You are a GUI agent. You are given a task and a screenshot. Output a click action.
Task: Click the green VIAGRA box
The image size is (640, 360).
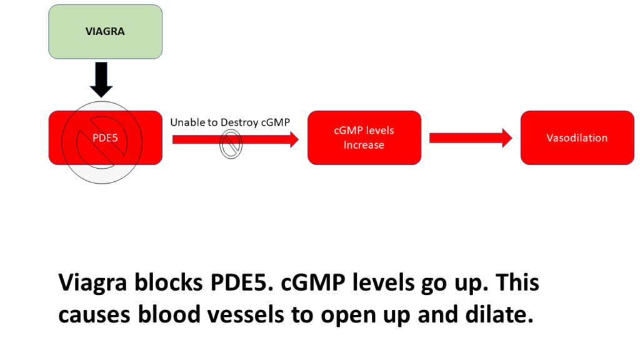coord(105,31)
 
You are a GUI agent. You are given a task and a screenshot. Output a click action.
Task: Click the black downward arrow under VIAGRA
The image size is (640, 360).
coord(101,79)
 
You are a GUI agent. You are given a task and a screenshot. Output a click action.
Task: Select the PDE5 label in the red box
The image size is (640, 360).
coord(105,138)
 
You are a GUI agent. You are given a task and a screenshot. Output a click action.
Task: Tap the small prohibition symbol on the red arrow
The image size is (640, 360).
coord(231,144)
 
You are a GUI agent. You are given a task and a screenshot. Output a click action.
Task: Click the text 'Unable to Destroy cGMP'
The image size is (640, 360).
coord(230,122)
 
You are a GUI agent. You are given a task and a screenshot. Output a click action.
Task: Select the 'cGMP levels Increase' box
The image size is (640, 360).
coord(364,137)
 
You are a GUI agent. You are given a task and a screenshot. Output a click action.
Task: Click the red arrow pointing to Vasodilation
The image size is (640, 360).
coord(471,138)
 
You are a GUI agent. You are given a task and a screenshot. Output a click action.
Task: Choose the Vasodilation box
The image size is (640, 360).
coord(577,137)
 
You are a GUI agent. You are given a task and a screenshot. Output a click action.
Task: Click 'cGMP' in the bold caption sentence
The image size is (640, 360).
coord(312,282)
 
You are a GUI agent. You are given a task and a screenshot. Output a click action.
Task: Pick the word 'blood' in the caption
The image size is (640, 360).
coord(169,314)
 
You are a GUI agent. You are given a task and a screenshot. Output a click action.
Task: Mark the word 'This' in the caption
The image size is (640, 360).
coord(517,282)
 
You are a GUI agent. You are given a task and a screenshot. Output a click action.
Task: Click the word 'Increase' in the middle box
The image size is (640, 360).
coord(364,145)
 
